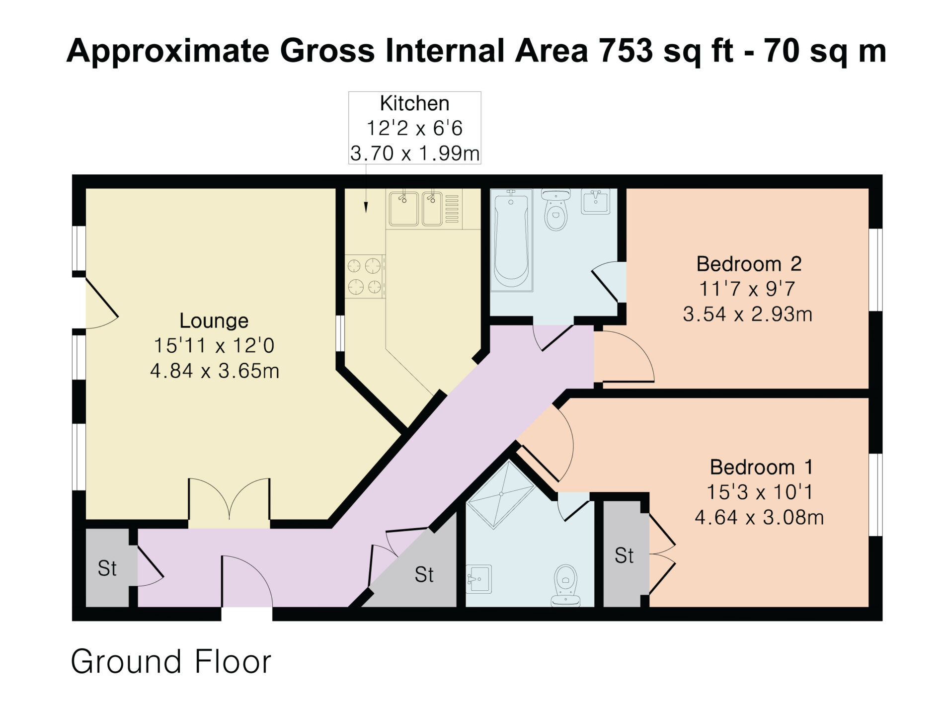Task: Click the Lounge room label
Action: pyautogui.click(x=214, y=320)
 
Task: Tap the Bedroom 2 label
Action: pyautogui.click(x=749, y=263)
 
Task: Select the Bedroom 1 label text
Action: pyautogui.click(x=761, y=467)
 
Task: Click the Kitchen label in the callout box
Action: pyautogui.click(x=414, y=103)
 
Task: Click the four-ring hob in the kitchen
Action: pyautogui.click(x=365, y=276)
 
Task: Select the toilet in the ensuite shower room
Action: pyautogui.click(x=566, y=585)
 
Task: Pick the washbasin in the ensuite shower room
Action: pyautogui.click(x=479, y=579)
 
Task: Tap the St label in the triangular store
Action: pyautogui.click(x=424, y=575)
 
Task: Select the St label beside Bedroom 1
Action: pyautogui.click(x=624, y=555)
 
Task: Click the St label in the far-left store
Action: pyautogui.click(x=107, y=568)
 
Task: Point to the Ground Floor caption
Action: pyautogui.click(x=171, y=661)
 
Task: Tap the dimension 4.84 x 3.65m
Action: pyautogui.click(x=214, y=371)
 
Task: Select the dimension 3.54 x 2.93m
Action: pyautogui.click(x=747, y=314)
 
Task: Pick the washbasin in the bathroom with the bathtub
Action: pyautogui.click(x=596, y=202)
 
